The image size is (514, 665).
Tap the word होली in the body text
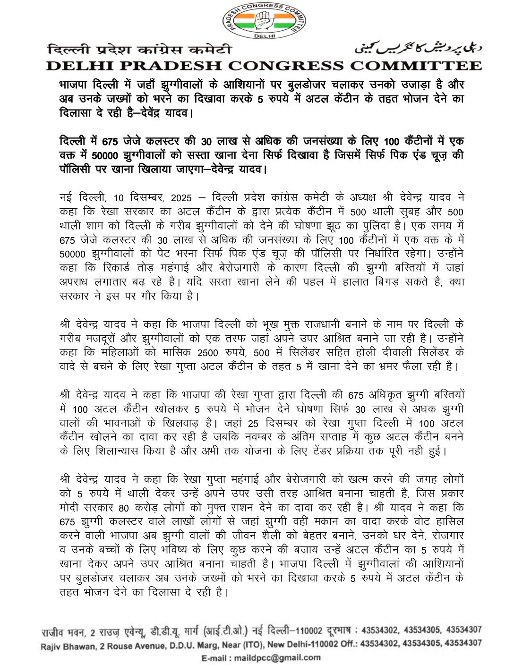pyautogui.click(x=346, y=353)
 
